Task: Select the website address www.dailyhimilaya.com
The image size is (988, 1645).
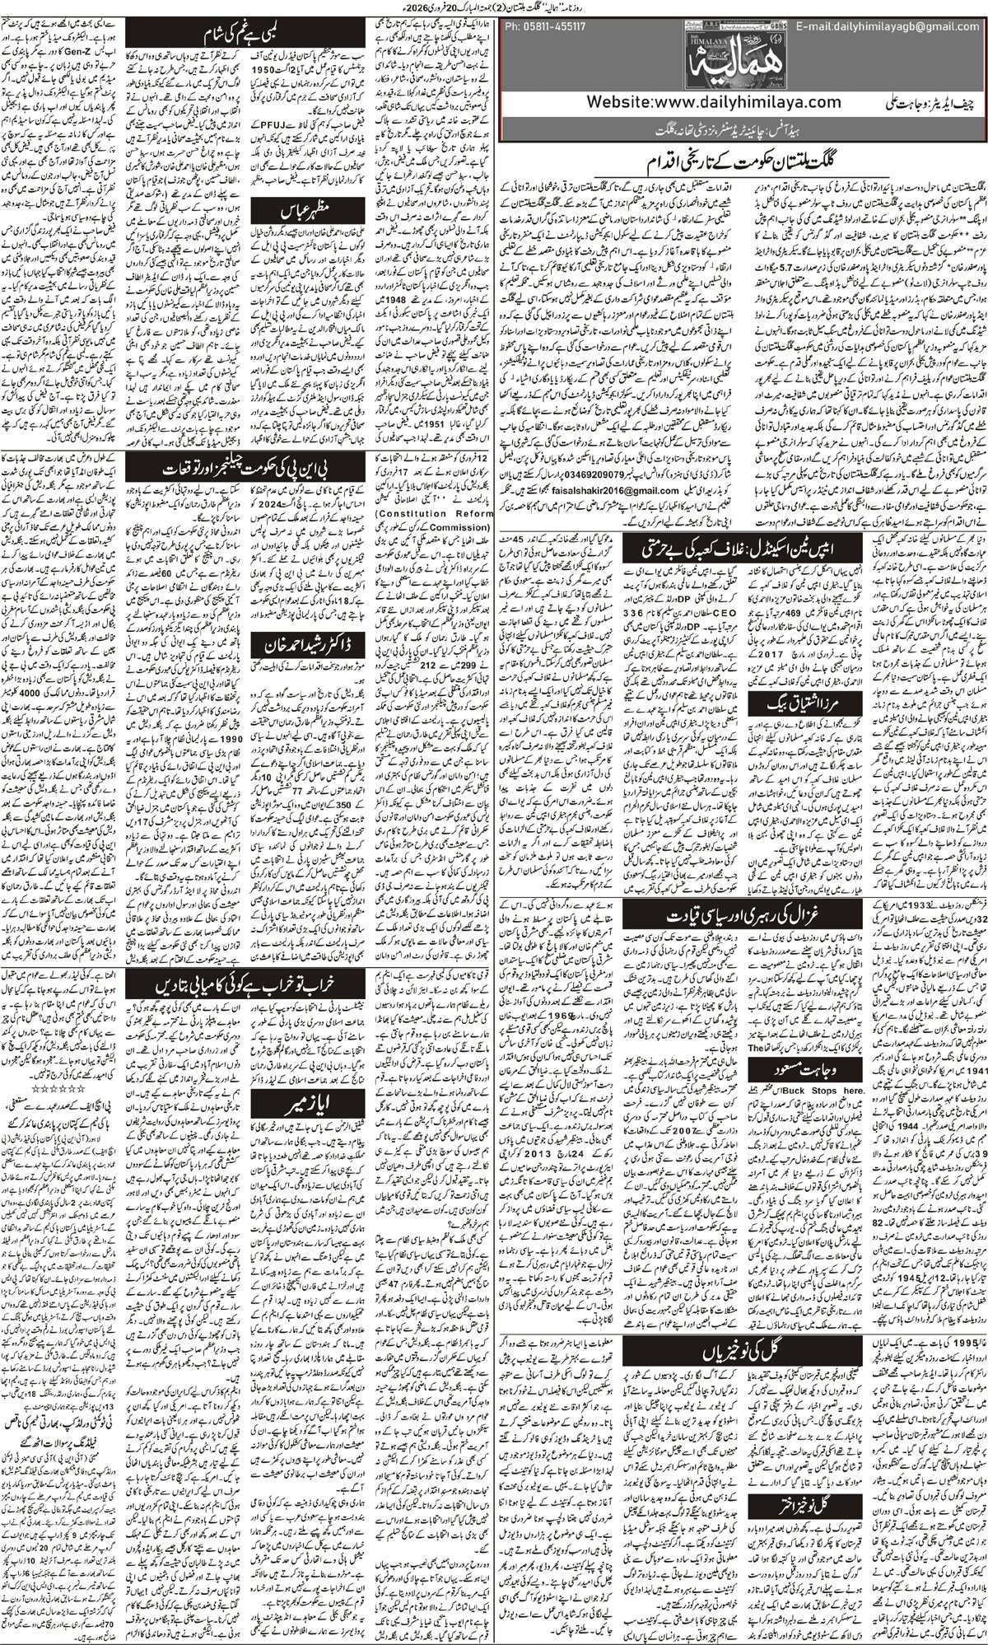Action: [x=716, y=102]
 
